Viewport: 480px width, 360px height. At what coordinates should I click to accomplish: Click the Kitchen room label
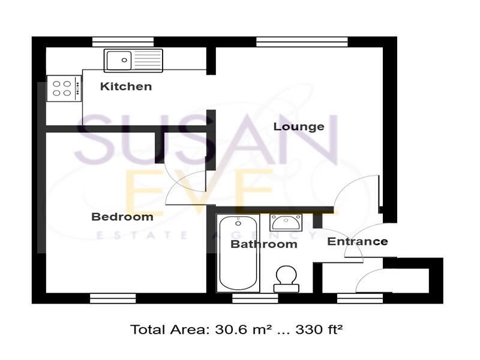[125, 86]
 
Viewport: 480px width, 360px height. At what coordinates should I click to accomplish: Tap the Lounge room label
[299, 127]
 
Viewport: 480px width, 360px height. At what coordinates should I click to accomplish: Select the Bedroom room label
[122, 217]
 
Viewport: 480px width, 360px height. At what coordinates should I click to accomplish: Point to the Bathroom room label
[263, 244]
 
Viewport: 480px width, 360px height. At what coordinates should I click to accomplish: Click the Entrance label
[357, 241]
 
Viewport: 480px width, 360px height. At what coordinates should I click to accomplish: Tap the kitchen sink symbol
[133, 60]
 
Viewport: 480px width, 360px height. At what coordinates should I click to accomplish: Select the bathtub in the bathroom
[239, 253]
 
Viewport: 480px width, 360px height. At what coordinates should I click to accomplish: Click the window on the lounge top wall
[302, 41]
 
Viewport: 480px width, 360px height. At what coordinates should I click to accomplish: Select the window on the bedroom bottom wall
[113, 298]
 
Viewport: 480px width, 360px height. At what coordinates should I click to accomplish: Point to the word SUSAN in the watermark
[207, 142]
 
